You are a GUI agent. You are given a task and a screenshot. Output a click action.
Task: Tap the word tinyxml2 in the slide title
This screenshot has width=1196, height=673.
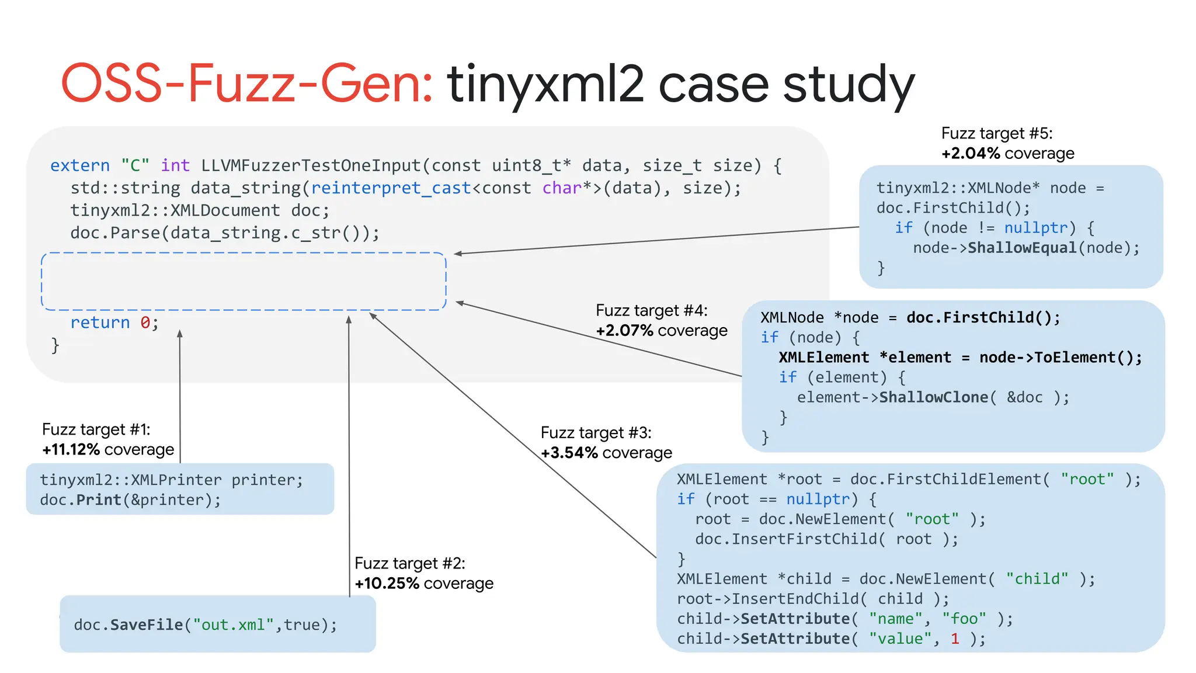[545, 85]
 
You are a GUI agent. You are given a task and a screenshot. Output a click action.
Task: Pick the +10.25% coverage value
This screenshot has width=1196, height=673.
[387, 583]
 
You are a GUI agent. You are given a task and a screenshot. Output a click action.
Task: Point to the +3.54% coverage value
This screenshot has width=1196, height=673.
[569, 453]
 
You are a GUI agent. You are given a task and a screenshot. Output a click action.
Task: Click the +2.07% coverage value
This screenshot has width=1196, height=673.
[624, 331]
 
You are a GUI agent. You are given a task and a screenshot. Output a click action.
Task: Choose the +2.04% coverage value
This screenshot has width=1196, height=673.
[971, 153]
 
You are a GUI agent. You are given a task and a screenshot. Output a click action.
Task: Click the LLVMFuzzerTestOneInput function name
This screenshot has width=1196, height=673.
[311, 166]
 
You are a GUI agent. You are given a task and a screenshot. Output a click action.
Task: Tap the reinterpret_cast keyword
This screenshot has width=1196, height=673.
[391, 188]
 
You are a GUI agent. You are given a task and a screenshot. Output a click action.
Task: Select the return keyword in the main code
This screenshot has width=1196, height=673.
[100, 322]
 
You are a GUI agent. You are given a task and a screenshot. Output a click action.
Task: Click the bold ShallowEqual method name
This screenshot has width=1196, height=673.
[1022, 248]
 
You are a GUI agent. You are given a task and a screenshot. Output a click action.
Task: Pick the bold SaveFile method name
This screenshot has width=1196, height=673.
[147, 625]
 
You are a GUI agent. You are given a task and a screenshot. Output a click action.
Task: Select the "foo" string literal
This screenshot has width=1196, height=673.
[964, 619]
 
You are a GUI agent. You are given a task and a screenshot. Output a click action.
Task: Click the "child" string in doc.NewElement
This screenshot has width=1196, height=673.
[1037, 579]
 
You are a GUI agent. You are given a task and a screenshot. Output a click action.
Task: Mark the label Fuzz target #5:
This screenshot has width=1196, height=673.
[997, 133]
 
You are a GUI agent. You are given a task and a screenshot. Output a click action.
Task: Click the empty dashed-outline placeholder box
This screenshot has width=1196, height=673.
[244, 281]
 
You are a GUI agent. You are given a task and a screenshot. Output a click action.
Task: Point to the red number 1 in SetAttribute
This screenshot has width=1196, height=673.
[955, 639]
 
